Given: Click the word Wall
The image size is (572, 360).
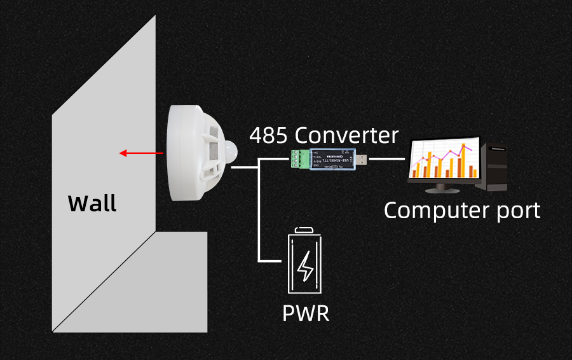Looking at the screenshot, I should [92, 203].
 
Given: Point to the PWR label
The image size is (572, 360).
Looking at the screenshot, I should [306, 313].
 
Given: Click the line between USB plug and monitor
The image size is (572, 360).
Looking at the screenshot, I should [386, 158].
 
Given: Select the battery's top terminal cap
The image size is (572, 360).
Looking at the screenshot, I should [306, 230].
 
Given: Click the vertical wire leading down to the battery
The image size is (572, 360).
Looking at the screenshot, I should [259, 216].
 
